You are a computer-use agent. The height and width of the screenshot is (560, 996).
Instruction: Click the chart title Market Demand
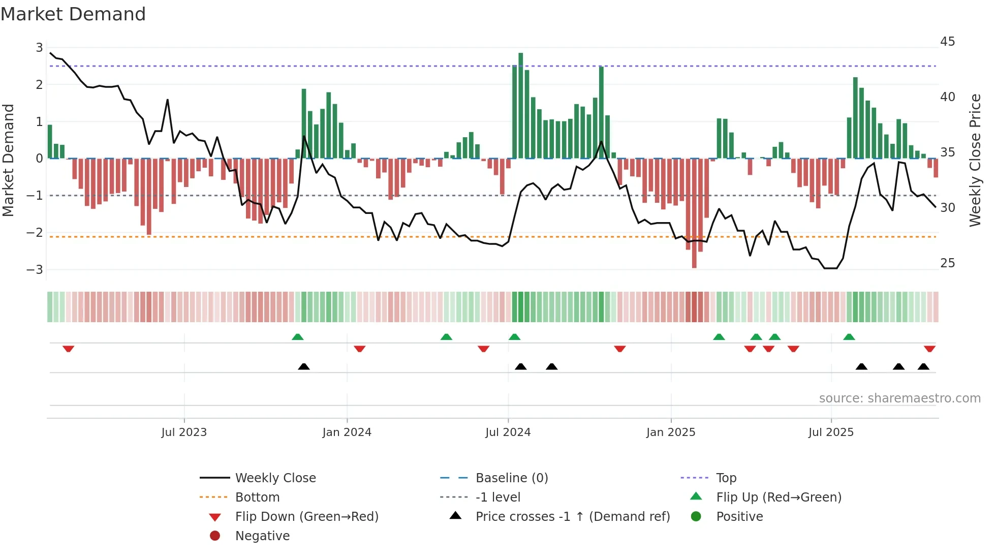(x=73, y=14)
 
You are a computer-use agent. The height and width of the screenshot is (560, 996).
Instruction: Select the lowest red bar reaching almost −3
(x=694, y=213)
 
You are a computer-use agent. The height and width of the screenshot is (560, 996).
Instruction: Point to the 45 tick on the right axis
(x=947, y=42)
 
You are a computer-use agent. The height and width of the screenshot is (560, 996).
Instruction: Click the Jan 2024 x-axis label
(x=347, y=432)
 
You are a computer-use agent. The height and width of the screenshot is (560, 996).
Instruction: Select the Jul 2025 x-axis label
(x=831, y=432)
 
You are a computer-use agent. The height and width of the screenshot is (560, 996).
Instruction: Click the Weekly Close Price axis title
(x=975, y=160)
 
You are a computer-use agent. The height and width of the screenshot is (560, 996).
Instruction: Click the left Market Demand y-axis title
(x=8, y=160)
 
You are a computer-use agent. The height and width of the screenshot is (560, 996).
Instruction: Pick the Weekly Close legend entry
(x=275, y=478)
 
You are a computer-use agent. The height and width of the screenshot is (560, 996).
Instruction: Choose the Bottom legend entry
(x=257, y=497)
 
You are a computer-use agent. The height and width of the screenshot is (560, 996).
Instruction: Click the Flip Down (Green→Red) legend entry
(x=306, y=517)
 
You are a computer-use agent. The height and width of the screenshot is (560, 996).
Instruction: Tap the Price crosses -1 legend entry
(x=572, y=517)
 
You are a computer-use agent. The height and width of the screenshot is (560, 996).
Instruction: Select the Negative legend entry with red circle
(x=262, y=536)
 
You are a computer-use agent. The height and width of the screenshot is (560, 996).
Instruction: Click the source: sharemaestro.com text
(x=899, y=398)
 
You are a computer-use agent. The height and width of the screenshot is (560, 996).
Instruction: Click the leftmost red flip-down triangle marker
(x=69, y=349)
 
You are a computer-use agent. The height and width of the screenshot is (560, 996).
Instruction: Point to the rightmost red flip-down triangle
(x=929, y=349)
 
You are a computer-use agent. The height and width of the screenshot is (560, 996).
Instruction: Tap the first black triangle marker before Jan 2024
(x=303, y=366)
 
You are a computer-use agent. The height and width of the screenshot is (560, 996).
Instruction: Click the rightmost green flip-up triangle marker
(x=849, y=337)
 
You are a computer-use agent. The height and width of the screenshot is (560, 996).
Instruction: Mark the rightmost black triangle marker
(x=923, y=366)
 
